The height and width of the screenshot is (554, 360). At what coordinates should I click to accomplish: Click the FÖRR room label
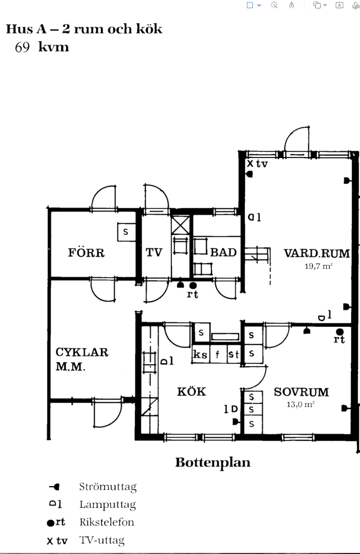pyautogui.click(x=86, y=253)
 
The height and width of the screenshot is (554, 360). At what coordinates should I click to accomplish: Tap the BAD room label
pyautogui.click(x=223, y=252)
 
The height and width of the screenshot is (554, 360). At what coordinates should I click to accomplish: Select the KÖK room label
pyautogui.click(x=192, y=391)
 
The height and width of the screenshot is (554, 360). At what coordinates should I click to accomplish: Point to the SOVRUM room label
pyautogui.click(x=302, y=392)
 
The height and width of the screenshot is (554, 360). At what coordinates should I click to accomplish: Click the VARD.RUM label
pyautogui.click(x=317, y=253)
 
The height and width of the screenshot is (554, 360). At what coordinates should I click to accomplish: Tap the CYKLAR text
pyautogui.click(x=82, y=352)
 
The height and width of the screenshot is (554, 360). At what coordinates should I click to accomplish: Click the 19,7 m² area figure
pyautogui.click(x=319, y=266)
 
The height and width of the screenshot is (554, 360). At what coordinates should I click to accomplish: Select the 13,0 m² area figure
pyautogui.click(x=300, y=404)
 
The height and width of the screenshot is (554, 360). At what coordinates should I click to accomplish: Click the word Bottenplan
pyautogui.click(x=213, y=463)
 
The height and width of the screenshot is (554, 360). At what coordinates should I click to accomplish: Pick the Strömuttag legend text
pyautogui.click(x=108, y=487)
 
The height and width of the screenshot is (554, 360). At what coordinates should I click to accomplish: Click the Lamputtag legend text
pyautogui.click(x=107, y=505)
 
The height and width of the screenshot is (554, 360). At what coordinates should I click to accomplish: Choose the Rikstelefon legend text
pyautogui.click(x=107, y=522)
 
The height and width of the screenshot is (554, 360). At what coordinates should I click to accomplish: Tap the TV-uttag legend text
pyautogui.click(x=102, y=540)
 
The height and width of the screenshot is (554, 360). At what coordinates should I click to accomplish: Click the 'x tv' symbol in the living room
pyautogui.click(x=257, y=164)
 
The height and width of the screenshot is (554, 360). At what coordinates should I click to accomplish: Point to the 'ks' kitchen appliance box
pyautogui.click(x=201, y=354)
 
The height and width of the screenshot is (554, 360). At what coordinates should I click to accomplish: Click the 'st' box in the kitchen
pyautogui.click(x=234, y=354)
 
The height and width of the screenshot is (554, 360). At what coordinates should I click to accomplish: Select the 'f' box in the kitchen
pyautogui.click(x=218, y=354)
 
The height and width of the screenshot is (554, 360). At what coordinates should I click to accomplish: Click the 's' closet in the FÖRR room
pyautogui.click(x=126, y=232)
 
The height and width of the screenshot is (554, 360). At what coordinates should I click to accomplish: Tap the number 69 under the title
pyautogui.click(x=22, y=47)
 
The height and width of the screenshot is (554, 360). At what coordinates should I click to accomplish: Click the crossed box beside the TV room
pyautogui.click(x=180, y=225)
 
